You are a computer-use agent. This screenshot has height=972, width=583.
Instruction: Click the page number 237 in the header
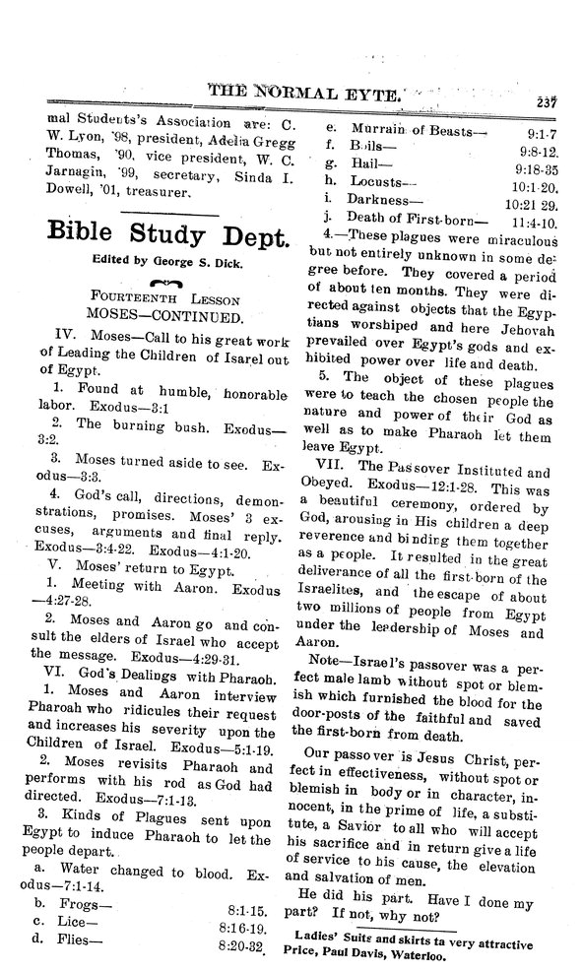pyautogui.click(x=547, y=97)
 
